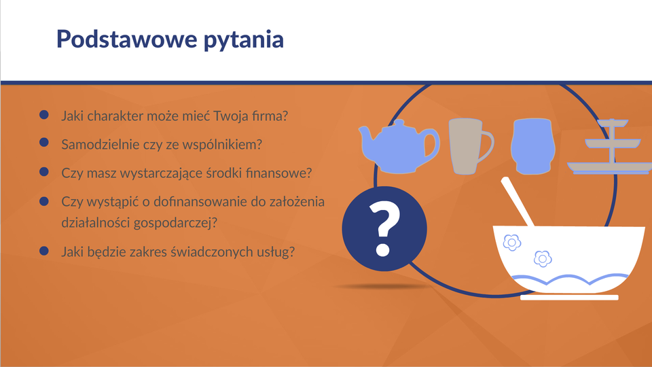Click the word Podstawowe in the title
[126, 39]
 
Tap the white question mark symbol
[384, 229]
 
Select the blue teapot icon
[399, 147]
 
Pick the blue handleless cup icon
[532, 146]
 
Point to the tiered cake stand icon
[611, 147]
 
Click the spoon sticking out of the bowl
[518, 201]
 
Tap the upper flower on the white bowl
[512, 243]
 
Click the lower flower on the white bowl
[543, 259]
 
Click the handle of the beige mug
[486, 147]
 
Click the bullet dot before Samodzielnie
[44, 142]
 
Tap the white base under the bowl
[569, 298]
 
